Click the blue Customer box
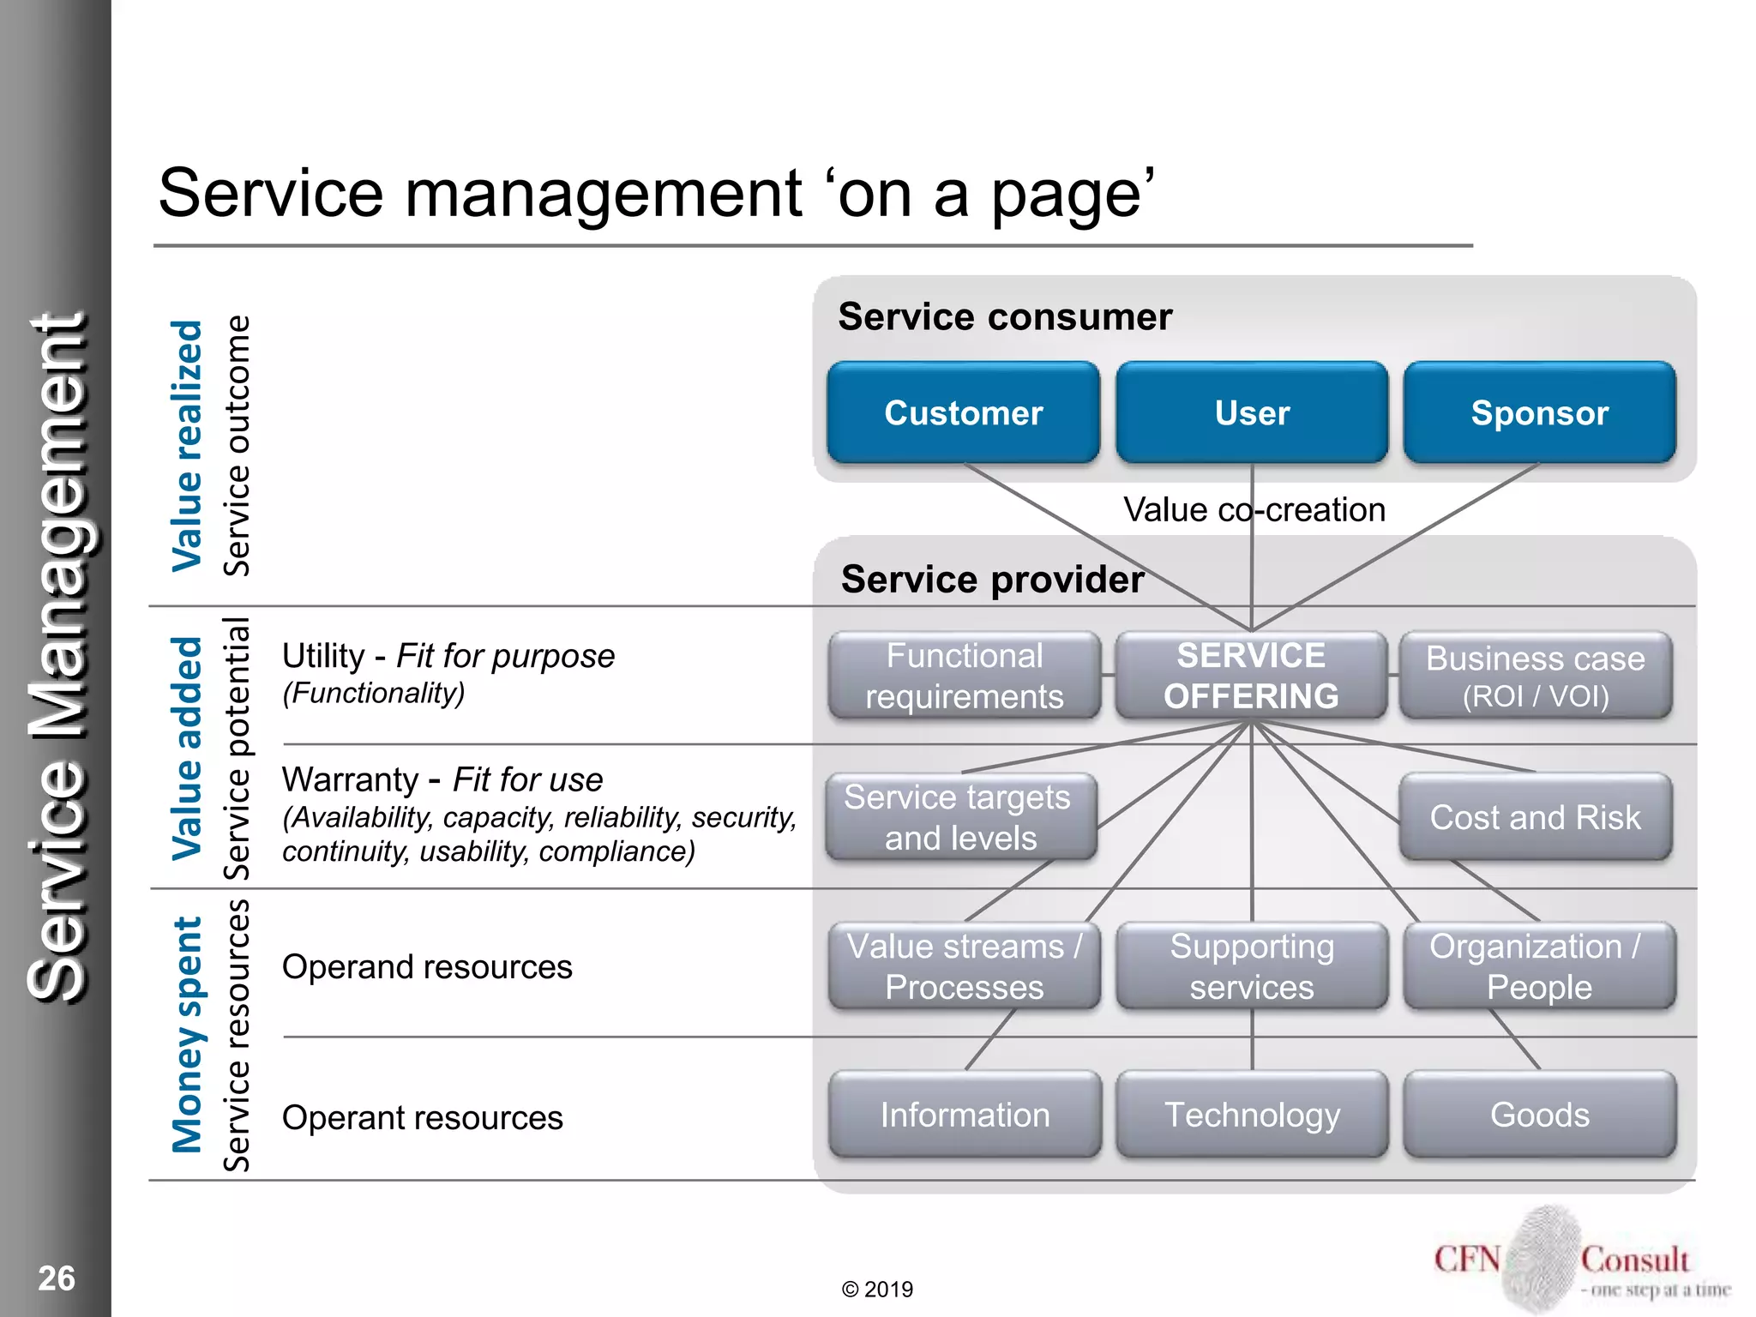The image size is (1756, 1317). (963, 412)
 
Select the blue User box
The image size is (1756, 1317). (1251, 412)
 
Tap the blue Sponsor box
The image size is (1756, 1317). (1539, 412)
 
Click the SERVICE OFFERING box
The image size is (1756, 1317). (1251, 676)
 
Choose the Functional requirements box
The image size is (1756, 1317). (964, 676)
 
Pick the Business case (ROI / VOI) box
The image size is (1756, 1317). (1535, 676)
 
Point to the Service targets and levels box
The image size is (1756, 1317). (960, 817)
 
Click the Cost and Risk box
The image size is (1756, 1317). (1535, 817)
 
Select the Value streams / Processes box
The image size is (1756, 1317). (964, 966)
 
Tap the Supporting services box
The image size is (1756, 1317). (1251, 966)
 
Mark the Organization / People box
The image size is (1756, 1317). (1539, 966)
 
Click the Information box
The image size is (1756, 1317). (965, 1115)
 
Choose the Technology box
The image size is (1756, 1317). (1252, 1115)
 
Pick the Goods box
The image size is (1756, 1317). (1539, 1115)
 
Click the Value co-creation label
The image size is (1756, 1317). (1254, 510)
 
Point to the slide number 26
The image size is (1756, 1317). (57, 1278)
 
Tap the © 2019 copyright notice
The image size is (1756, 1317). (877, 1290)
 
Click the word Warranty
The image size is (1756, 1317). (350, 780)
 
